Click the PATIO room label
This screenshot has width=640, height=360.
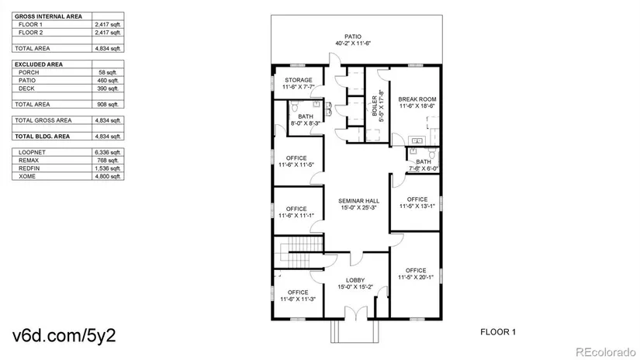[353, 36]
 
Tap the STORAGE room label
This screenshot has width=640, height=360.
[298, 80]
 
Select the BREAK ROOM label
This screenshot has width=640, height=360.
[417, 99]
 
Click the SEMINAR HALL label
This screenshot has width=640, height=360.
[358, 201]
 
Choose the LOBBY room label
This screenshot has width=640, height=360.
[355, 280]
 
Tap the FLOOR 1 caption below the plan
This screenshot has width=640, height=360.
[498, 331]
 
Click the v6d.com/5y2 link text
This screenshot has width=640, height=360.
[65, 336]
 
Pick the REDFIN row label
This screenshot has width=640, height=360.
[29, 168]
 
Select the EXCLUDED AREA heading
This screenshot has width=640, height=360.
[39, 64]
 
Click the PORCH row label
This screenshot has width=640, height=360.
[29, 72]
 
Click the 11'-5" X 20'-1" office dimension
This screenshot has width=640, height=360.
[417, 277]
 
